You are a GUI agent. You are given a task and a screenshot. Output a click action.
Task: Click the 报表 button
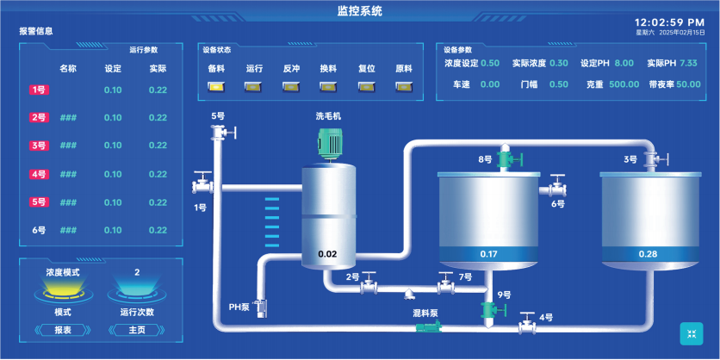coord(63,330)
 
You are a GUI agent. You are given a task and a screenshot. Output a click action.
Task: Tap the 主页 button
coord(137,330)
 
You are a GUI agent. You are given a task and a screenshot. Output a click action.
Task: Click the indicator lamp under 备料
coord(216,86)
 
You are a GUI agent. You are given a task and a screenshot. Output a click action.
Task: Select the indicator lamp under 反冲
coord(291,86)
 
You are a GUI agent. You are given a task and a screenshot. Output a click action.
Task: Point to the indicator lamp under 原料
coord(404,86)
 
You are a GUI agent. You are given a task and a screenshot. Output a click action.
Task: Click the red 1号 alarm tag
coord(40,90)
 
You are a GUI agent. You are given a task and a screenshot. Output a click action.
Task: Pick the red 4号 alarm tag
coord(40,175)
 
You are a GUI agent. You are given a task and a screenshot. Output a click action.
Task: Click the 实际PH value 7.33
coord(688,63)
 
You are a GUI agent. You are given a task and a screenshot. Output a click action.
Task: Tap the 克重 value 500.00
coord(624,84)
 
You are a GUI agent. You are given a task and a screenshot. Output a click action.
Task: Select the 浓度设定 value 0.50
coord(490,63)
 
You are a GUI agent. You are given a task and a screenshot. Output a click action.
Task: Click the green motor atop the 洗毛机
coord(331,143)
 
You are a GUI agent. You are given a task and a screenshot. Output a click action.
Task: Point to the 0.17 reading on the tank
coord(488,254)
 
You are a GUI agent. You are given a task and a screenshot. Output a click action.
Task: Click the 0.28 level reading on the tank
coord(648,254)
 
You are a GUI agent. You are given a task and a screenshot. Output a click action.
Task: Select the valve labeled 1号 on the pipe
coord(202,183)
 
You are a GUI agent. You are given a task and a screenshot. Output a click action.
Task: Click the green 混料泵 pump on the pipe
coord(430,327)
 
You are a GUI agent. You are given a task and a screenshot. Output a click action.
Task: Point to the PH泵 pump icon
coord(261,308)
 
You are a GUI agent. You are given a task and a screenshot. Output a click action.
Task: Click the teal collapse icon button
coord(691,334)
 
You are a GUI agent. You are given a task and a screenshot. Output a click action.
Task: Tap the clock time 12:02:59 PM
coord(669,22)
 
